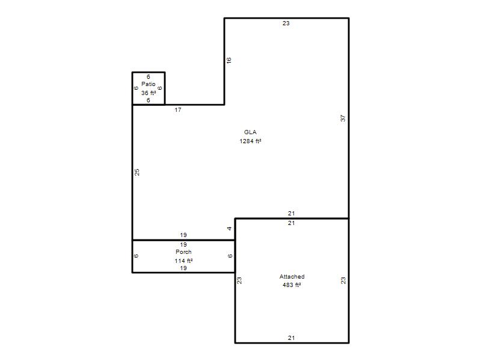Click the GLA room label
[250, 132]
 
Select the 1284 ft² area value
[250, 141]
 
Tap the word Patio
[149, 84]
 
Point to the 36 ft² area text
[149, 93]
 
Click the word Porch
[183, 251]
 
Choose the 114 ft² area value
[183, 261]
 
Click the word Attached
[292, 277]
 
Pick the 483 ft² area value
[292, 285]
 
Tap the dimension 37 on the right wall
[343, 118]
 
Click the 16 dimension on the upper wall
[229, 61]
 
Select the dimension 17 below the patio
[178, 110]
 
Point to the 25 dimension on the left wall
[137, 172]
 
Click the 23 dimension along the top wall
[286, 23]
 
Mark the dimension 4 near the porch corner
[229, 229]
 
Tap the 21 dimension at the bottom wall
[292, 338]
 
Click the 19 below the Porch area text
[183, 268]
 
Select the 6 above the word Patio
[149, 77]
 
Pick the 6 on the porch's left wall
[136, 256]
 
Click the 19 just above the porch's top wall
[183, 235]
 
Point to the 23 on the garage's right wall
[343, 280]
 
